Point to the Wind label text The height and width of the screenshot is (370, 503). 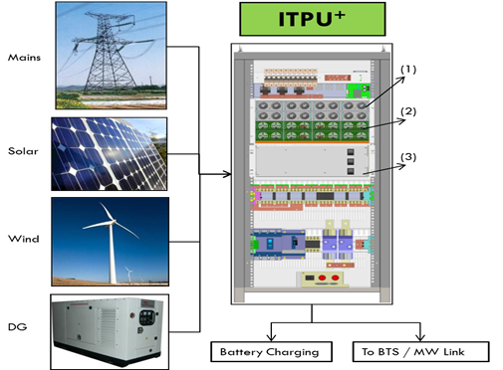(x=23, y=239)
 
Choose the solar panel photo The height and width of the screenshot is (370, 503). (x=111, y=155)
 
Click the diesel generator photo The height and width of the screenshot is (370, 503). (x=111, y=329)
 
